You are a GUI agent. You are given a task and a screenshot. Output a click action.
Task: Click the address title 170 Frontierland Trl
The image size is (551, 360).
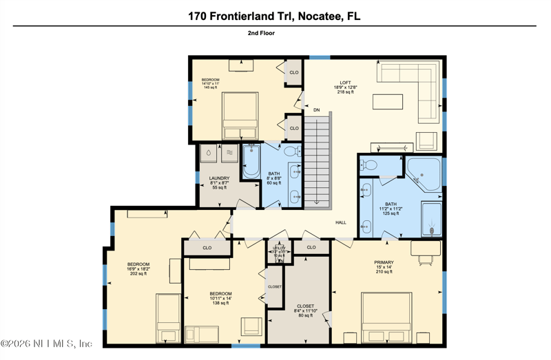point(274,16)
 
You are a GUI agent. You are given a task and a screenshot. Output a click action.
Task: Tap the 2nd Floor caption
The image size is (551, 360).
point(261,32)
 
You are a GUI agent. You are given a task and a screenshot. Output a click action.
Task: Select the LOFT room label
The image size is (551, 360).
point(345,87)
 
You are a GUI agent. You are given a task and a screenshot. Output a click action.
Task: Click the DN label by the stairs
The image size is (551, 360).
point(316,110)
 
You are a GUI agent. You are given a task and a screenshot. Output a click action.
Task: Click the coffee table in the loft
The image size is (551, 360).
point(388,102)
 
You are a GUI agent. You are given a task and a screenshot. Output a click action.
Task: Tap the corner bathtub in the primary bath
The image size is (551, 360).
point(423,172)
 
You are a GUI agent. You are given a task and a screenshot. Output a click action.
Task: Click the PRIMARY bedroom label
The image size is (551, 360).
point(384,266)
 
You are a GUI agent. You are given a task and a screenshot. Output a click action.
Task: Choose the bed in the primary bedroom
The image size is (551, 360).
point(386,318)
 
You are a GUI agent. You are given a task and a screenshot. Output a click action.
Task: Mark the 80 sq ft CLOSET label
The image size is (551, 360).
point(305,310)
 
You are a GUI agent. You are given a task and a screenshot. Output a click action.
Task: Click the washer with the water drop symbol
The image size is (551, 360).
point(209,153)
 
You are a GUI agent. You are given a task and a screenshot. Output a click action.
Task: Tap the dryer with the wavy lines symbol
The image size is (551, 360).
point(229,153)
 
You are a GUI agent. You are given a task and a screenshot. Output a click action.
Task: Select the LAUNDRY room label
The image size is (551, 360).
point(219,182)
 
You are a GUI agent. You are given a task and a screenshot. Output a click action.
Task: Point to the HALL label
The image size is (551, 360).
point(341,222)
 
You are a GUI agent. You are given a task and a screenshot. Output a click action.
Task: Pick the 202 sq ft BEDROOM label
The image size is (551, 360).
point(138,268)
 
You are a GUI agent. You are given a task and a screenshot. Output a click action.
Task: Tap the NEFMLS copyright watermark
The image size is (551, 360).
point(47,343)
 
